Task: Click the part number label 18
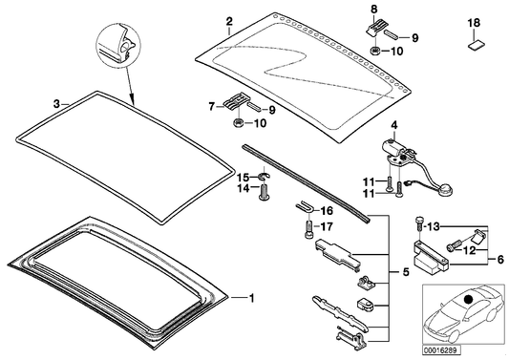474,23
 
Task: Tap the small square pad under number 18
475,46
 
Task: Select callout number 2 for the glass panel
229,22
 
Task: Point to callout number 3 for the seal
56,104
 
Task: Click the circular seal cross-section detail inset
118,46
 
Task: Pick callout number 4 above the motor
394,125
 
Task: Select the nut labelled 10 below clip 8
374,51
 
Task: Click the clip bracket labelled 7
235,101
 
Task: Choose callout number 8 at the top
374,10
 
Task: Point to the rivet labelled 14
263,192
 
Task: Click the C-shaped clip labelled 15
264,177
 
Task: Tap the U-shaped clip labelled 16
303,206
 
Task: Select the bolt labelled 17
308,229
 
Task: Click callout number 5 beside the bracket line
406,272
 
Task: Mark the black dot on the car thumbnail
469,299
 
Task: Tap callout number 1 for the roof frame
250,297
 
